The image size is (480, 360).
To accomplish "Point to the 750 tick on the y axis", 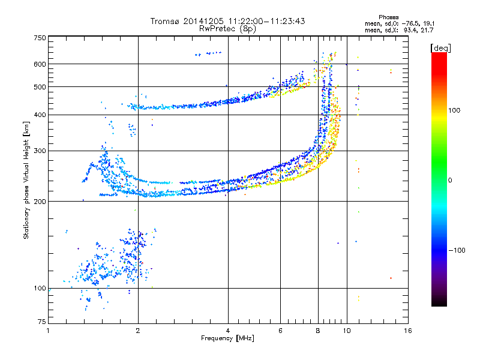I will [40, 38].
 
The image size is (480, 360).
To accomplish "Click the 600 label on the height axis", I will [40, 64].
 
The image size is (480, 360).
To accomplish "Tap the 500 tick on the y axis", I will [40, 87].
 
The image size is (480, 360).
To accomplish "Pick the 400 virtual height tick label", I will [40, 115].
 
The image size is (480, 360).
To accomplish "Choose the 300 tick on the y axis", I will [40, 151].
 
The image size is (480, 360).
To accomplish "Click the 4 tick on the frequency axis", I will [228, 331].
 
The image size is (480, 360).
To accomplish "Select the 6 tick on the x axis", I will [280, 331].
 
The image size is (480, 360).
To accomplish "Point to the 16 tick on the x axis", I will [407, 331].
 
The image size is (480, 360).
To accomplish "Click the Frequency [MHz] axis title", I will [227, 338].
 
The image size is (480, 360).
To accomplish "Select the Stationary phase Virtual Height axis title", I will [26, 180].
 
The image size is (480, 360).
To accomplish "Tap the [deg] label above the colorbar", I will [440, 47].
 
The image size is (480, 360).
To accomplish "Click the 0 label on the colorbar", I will [449, 180].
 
